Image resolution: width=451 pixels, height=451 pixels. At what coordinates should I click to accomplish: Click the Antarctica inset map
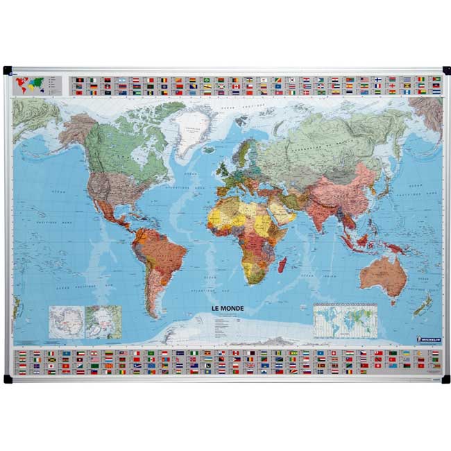pyautogui.click(x=66, y=322)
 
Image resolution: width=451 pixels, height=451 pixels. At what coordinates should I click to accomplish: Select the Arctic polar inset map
pyautogui.click(x=103, y=322)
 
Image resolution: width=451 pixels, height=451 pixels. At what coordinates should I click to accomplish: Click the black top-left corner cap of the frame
pyautogui.click(x=8, y=70)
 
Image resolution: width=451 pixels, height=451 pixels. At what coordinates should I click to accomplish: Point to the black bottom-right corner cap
pyautogui.click(x=445, y=379)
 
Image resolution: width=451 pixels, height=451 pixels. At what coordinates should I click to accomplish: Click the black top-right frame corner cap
pyautogui.click(x=445, y=70)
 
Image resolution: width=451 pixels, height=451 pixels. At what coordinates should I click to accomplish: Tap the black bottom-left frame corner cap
pyautogui.click(x=8, y=379)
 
